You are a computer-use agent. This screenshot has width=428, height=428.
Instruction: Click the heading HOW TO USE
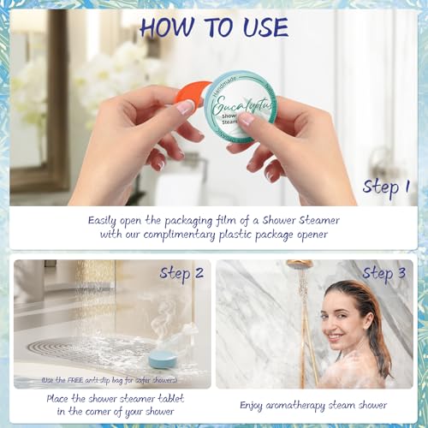214,27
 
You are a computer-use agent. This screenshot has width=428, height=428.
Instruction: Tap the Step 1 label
386,186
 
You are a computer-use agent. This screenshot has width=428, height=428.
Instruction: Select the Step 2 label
181,273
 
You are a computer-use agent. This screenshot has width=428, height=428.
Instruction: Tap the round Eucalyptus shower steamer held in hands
240,107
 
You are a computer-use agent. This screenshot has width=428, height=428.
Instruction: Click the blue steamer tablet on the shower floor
163,359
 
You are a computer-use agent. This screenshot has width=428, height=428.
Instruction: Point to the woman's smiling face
336,324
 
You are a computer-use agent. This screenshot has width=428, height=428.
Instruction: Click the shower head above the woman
300,265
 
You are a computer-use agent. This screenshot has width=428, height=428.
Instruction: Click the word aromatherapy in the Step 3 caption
291,404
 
